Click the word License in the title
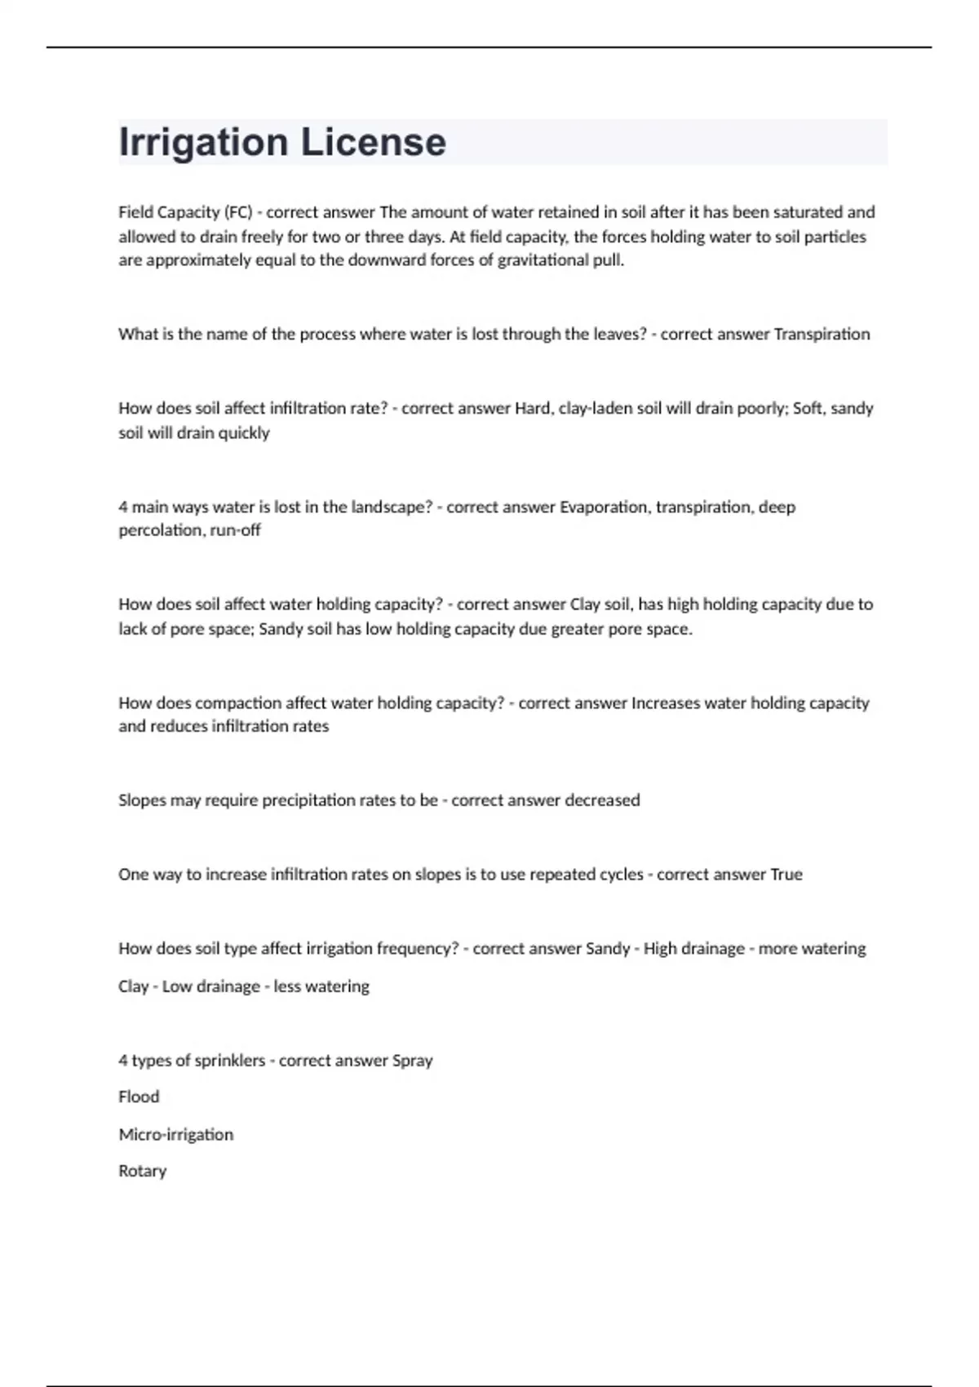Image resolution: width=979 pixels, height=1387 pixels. (x=374, y=143)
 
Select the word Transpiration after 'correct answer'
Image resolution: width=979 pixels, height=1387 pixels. (x=822, y=334)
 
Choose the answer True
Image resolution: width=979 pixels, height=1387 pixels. (x=786, y=875)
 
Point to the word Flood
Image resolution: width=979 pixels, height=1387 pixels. (x=139, y=1097)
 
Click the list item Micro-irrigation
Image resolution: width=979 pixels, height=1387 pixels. (x=175, y=1134)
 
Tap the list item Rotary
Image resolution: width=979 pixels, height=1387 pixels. (x=142, y=1171)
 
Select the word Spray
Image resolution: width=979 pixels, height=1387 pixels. (x=412, y=1061)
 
